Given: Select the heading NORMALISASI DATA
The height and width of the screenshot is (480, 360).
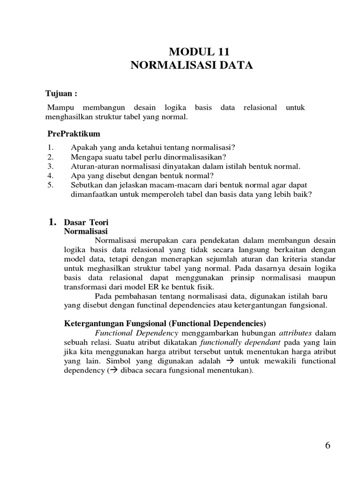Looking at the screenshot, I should (191, 66).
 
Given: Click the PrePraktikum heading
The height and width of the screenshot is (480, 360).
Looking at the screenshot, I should (74, 134).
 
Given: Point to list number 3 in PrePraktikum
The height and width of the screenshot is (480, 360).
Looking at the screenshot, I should (51, 166).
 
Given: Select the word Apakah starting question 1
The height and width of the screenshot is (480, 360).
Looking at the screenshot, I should (83, 148).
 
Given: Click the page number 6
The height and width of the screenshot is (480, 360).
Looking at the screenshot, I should (328, 445).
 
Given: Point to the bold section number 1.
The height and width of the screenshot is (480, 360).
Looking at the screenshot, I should (53, 223).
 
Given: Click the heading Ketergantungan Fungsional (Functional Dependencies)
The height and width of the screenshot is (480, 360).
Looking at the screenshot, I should (165, 323).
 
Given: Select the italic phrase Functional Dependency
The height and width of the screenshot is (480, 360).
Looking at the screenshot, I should (136, 333).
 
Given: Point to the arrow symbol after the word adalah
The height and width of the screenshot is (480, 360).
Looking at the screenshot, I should (230, 361).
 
